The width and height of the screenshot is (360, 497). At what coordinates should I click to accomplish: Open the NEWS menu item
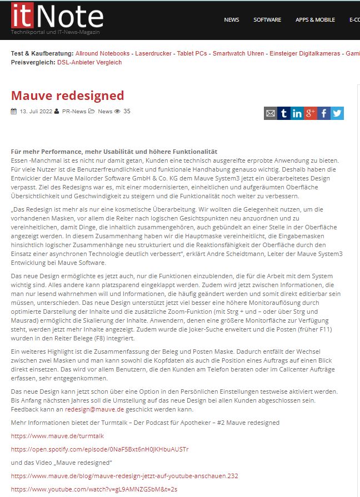pyautogui.click(x=232, y=20)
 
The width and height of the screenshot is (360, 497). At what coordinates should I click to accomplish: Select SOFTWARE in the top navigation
pyautogui.click(x=267, y=20)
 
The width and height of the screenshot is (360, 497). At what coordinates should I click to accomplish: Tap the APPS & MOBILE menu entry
pyautogui.click(x=315, y=20)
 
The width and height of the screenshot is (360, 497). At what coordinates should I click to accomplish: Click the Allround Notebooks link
pyautogui.click(x=103, y=53)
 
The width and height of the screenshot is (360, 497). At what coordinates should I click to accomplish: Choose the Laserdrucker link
pyautogui.click(x=154, y=53)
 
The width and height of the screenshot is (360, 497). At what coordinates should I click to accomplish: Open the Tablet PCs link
pyautogui.click(x=193, y=53)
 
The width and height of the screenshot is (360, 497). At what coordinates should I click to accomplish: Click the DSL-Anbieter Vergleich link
pyautogui.click(x=89, y=62)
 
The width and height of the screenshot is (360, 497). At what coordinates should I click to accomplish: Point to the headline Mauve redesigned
pyautogui.click(x=68, y=95)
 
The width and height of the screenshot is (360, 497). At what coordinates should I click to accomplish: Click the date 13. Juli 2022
pyautogui.click(x=36, y=112)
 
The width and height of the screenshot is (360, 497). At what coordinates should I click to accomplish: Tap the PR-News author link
pyautogui.click(x=74, y=112)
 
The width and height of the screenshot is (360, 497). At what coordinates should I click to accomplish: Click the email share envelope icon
pyautogui.click(x=271, y=113)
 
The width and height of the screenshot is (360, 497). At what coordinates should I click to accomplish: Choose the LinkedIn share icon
pyautogui.click(x=297, y=113)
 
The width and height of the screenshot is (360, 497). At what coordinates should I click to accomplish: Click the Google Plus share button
pyautogui.click(x=311, y=113)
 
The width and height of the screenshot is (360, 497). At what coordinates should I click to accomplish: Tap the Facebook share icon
pyautogui.click(x=324, y=113)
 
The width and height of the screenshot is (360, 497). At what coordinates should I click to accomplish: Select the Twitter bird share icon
pyautogui.click(x=337, y=113)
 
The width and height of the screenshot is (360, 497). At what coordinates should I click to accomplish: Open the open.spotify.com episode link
pyautogui.click(x=100, y=449)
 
